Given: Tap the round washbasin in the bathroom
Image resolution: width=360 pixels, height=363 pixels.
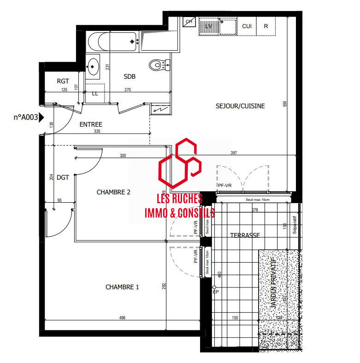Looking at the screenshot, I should point(94,65).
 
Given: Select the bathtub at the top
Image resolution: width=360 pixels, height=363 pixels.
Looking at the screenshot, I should point(113,41).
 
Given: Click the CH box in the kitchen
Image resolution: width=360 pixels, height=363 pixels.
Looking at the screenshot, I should point(189,22).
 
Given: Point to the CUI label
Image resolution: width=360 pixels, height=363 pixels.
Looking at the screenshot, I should point(247,26).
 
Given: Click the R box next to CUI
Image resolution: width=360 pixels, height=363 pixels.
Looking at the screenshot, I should point(266,26).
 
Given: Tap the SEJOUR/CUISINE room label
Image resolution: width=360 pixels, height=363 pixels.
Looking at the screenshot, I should point(240,106).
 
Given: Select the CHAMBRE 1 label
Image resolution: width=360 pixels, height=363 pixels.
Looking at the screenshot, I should point(122,287).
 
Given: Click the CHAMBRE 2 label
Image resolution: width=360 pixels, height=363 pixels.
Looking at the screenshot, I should point(113,192).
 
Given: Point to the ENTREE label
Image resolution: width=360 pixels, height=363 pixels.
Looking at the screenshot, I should point(91,124).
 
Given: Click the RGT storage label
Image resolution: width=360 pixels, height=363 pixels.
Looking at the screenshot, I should point(63,81).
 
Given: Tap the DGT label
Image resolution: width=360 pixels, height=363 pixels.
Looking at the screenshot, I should point(63,177).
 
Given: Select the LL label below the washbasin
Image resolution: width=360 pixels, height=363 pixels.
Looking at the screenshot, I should point(95,94).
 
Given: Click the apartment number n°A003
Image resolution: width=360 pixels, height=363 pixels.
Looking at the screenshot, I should point(25,117).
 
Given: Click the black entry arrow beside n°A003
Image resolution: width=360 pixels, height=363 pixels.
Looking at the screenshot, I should point(41,117).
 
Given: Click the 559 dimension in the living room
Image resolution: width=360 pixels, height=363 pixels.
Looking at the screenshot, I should point(285,105).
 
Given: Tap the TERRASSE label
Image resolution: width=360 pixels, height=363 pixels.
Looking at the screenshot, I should point(245,235).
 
